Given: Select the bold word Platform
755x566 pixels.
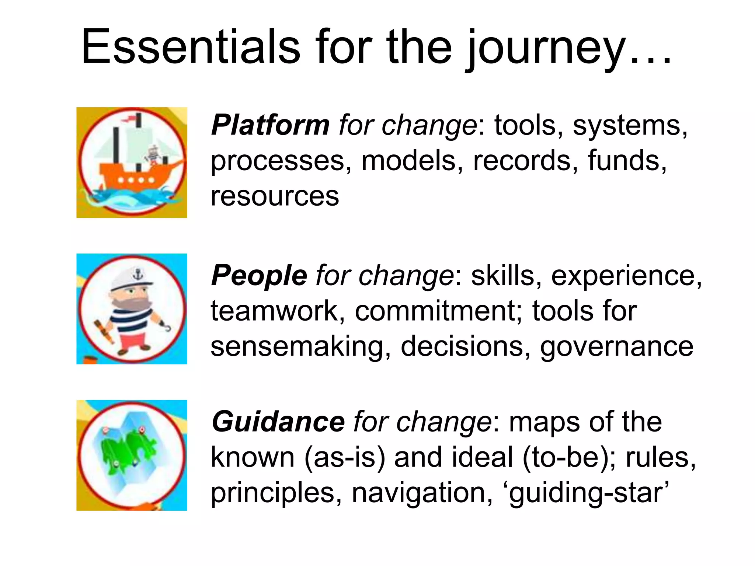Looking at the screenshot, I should point(270,125).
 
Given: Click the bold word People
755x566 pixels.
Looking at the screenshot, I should point(259,276).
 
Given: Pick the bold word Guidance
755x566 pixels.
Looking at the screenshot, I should point(278,422).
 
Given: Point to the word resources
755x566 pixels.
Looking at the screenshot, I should point(275,196).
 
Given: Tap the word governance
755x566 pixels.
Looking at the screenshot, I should point(616,346).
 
